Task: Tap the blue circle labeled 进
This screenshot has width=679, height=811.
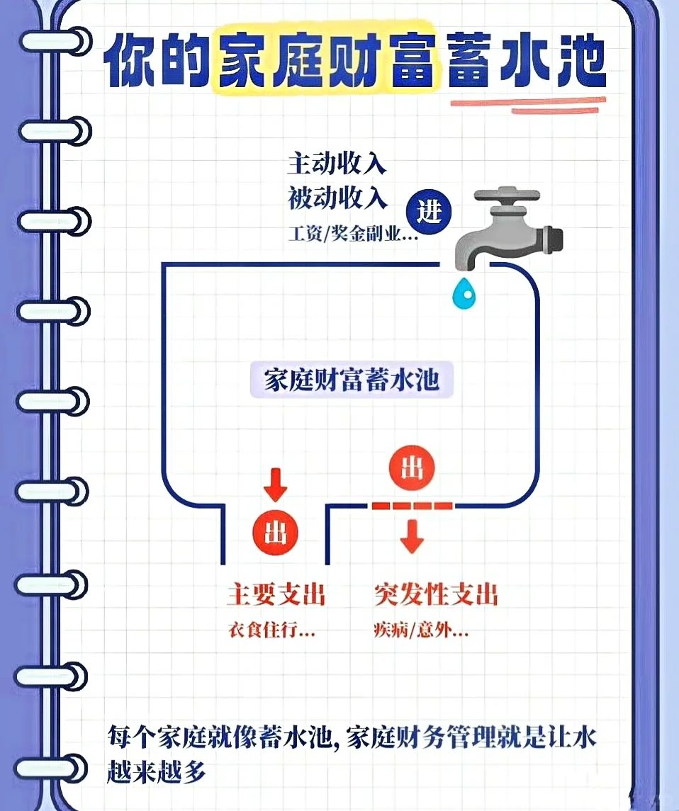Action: click(430, 212)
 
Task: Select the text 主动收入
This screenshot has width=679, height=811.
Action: click(337, 164)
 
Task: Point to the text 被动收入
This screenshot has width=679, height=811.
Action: click(337, 198)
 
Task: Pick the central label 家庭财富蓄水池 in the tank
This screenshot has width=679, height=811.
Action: click(352, 380)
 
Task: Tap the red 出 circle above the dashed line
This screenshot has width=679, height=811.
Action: click(412, 467)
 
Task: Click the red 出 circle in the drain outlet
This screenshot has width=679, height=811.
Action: click(276, 533)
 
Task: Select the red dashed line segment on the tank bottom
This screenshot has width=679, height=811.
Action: click(411, 505)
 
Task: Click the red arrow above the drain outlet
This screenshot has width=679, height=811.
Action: click(275, 484)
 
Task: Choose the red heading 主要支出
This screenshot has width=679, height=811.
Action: click(276, 594)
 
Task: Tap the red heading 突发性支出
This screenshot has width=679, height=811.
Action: click(435, 594)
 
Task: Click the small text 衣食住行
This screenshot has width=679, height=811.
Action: click(271, 630)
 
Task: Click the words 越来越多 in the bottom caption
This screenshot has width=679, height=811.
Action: click(157, 771)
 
